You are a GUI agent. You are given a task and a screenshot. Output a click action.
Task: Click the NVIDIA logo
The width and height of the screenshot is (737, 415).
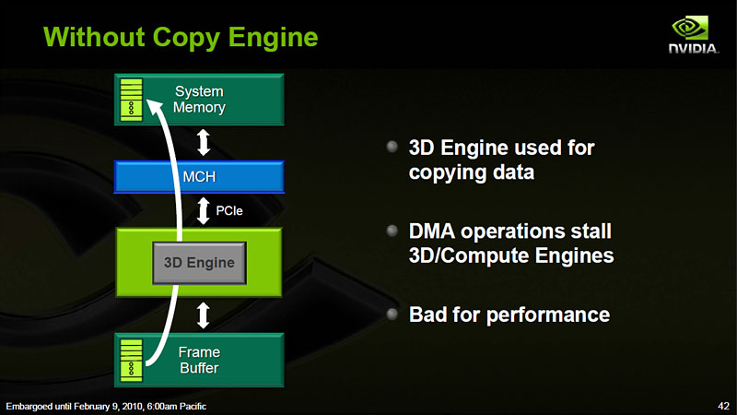click(x=694, y=34)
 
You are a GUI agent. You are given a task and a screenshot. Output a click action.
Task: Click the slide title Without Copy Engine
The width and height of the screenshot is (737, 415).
click(x=181, y=37)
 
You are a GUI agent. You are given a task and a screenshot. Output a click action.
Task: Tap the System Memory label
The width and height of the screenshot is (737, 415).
click(x=199, y=100)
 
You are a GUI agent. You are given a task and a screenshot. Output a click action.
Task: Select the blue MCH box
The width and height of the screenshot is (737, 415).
click(x=199, y=177)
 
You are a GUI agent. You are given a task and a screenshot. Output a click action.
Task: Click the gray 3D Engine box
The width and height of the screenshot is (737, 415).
click(x=199, y=263)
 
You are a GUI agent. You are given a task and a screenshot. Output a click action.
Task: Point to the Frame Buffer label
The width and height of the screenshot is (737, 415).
click(x=199, y=360)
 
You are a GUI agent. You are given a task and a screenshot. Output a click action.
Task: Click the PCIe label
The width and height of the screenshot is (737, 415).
click(x=228, y=211)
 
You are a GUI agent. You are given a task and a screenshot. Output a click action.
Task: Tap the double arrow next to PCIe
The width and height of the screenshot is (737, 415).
click(x=203, y=211)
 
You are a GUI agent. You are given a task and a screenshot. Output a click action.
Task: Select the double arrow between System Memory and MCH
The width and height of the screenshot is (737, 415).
click(x=203, y=143)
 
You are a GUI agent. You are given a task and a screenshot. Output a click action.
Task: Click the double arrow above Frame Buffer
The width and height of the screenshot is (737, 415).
click(x=203, y=315)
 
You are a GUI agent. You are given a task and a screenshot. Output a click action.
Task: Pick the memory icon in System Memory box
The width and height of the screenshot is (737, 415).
click(x=131, y=100)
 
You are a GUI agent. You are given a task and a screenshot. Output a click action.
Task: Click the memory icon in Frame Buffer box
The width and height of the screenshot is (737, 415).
click(x=131, y=360)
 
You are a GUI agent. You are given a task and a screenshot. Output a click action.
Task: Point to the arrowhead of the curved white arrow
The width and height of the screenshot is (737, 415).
click(x=154, y=107)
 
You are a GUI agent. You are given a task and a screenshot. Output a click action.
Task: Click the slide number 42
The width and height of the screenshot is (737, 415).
click(x=724, y=406)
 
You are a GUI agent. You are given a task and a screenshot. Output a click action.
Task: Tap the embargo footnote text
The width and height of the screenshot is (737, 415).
click(x=106, y=406)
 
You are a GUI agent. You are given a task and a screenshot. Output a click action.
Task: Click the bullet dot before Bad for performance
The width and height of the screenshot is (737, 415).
click(x=392, y=314)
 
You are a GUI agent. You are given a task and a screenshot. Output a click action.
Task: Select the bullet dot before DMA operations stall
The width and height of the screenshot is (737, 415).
click(x=392, y=231)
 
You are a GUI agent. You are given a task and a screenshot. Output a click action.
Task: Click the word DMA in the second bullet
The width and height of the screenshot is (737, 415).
click(x=432, y=231)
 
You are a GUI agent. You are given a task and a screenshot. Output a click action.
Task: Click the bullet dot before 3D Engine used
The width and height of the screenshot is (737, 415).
click(x=392, y=147)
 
